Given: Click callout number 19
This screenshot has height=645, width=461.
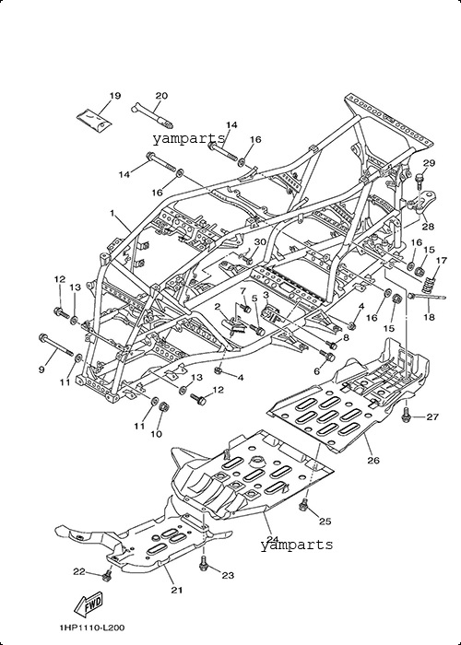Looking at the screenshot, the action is click(115, 96).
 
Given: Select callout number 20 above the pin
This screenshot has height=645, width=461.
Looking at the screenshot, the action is click(161, 96).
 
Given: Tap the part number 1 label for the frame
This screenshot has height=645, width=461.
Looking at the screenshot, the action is click(112, 213).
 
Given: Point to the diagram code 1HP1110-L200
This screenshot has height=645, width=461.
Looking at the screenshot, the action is click(91, 627).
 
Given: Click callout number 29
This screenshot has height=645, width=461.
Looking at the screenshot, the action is click(429, 163).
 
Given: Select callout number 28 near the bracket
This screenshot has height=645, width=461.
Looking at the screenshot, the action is click(428, 227).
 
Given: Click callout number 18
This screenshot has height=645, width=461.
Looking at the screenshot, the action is click(429, 317).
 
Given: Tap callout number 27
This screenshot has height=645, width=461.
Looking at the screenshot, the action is click(432, 417).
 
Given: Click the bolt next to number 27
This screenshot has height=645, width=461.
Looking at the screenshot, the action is click(407, 416).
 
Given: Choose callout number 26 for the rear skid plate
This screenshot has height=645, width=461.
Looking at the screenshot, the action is click(373, 460).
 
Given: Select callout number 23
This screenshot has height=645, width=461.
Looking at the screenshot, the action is click(228, 575).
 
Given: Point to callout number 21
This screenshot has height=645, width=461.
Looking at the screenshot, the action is click(177, 590).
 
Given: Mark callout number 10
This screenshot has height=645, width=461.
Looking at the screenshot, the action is click(157, 434).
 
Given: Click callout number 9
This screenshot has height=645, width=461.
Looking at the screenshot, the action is click(41, 369).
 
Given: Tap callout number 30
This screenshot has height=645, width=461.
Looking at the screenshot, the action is click(260, 241).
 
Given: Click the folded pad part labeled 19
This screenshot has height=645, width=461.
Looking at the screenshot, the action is click(95, 118).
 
